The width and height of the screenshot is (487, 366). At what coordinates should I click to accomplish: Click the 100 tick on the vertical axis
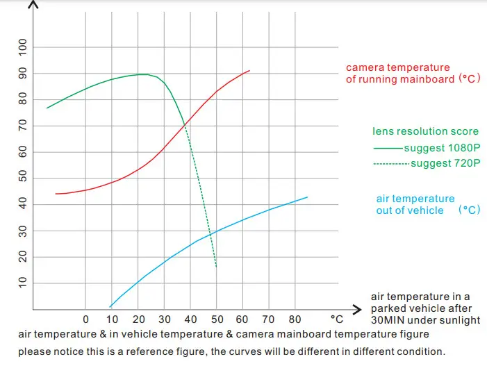[22, 47]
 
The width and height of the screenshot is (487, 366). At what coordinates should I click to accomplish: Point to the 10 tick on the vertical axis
[22, 282]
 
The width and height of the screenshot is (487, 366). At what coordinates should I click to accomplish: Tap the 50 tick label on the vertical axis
[22, 178]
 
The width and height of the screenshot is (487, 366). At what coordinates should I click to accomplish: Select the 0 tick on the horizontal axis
[85, 320]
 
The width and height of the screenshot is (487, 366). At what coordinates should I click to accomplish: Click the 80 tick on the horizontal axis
[295, 320]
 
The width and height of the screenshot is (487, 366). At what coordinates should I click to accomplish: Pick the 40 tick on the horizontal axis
[190, 320]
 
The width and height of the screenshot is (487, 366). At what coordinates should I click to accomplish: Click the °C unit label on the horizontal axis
[336, 320]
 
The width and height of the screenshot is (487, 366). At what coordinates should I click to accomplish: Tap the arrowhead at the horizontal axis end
[358, 308]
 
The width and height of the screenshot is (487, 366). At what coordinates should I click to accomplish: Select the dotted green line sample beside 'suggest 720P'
[391, 164]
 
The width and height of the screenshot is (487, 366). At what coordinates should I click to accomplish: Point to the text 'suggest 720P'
[445, 164]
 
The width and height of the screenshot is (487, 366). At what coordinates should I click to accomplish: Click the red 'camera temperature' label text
[397, 68]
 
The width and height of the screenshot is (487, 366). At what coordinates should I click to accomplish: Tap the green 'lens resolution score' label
[425, 131]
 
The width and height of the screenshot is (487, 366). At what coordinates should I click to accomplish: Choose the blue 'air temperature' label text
[415, 199]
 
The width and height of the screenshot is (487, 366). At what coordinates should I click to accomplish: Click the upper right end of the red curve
[249, 71]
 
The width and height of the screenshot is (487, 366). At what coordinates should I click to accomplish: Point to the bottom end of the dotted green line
[217, 267]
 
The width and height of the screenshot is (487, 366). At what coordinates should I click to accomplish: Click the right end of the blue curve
[307, 197]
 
